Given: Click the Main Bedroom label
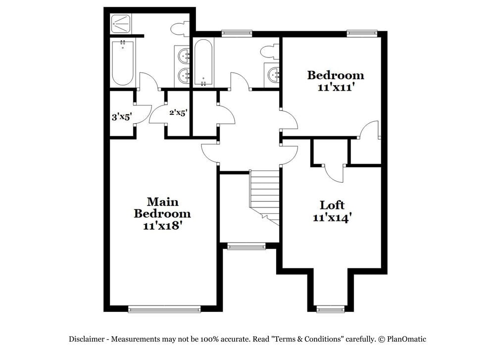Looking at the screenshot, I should coord(162,208).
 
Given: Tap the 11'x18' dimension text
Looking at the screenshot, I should coord(162,226).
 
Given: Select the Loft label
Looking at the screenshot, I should coord(332,205).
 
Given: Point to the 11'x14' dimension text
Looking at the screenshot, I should coord(332,217).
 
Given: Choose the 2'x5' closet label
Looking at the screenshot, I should coord(178,113).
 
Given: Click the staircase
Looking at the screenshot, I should coord(265,196).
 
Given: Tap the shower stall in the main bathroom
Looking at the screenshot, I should coord(121,22).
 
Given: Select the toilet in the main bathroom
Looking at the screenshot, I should coord(178,29).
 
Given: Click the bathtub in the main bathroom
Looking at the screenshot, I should coord(122,63).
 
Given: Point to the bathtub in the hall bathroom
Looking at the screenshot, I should coord(203,62).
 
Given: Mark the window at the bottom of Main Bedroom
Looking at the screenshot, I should coord(164,309).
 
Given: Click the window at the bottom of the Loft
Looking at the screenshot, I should coord(330,310).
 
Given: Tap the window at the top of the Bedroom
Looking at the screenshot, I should coord(362,33).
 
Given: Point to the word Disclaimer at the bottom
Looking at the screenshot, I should coord(86,339).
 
